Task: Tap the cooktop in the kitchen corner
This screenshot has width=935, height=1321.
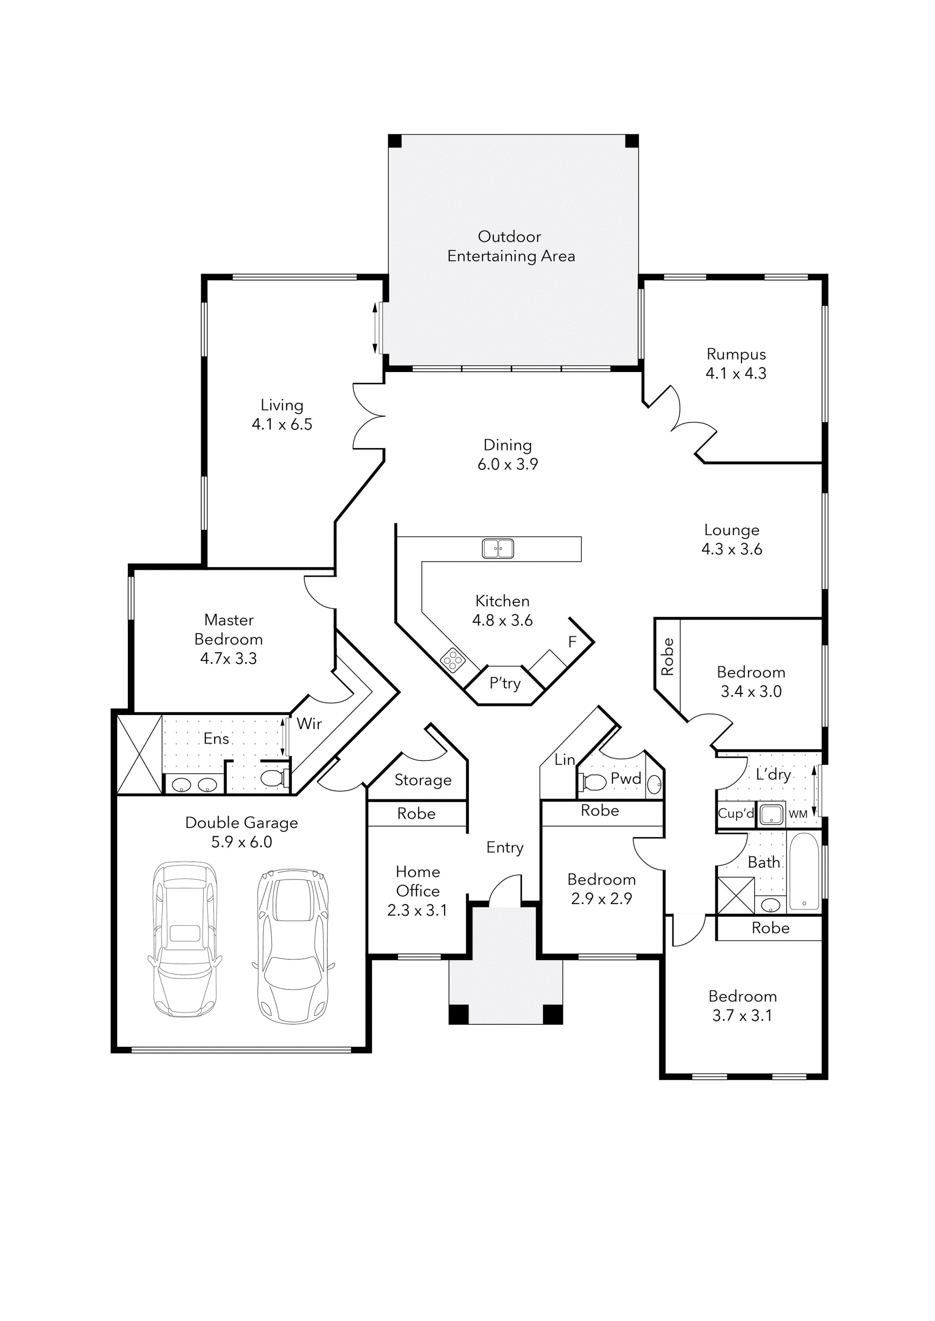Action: coord(452,660)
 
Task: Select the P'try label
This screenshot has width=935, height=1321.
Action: coord(505,683)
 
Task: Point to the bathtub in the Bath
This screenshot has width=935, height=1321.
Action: coord(804,872)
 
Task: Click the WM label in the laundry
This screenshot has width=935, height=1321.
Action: coord(797,814)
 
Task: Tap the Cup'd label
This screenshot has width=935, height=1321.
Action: coord(735,813)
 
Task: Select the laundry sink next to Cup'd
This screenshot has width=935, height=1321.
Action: coord(771,815)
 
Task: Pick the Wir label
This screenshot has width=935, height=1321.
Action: coord(309,724)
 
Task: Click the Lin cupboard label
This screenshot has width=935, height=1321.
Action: coord(564,760)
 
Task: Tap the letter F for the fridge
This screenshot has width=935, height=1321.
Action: coord(572,642)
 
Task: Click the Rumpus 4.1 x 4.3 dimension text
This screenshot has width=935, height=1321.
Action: coord(736,373)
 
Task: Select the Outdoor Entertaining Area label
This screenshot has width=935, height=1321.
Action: coord(511,246)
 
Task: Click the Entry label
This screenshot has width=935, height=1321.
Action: coord(505,848)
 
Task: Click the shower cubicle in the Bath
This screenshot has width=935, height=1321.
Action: coord(735,895)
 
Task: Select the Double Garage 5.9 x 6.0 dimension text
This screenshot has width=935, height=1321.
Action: coord(241,842)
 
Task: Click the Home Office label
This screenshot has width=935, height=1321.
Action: coord(418,881)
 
